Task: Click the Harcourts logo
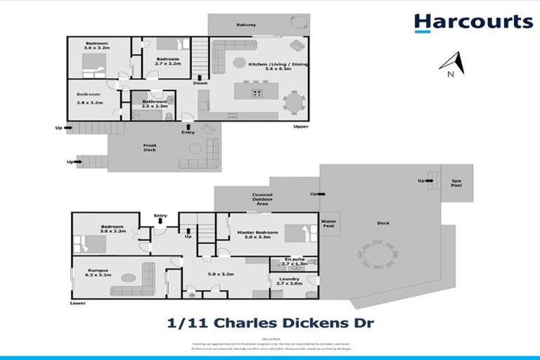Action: pos(472,22)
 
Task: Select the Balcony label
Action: pos(246,25)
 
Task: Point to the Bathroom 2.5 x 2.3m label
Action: pos(154,103)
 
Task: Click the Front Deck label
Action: pos(150,148)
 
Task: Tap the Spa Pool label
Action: pos(457,183)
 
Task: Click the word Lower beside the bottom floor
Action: pos(77,304)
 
